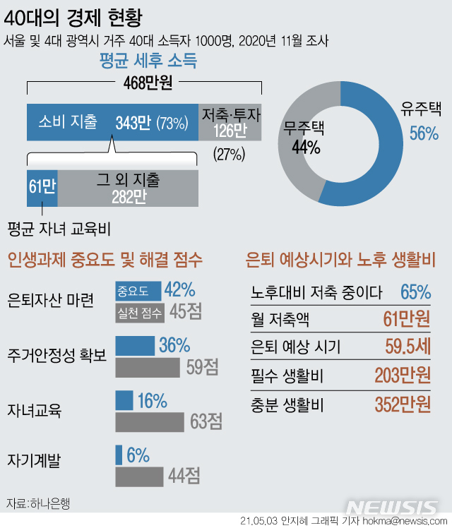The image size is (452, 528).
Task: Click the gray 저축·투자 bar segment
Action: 230,122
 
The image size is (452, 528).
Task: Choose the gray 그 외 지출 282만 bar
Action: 128,188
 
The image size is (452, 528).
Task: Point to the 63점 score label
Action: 206,422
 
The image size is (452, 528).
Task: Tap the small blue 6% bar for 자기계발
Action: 119,455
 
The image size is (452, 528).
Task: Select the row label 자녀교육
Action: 34,410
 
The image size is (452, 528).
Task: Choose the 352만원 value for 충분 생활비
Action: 403,403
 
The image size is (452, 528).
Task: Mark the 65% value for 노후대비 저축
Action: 415,291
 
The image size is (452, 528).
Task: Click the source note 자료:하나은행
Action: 39,503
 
